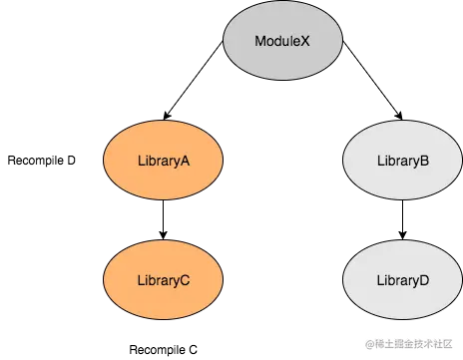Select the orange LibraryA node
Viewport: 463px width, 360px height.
pos(163,160)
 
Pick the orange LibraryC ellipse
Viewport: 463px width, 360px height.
pos(163,280)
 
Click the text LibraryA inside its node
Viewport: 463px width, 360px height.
pos(163,161)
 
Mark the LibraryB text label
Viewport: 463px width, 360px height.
pos(402,161)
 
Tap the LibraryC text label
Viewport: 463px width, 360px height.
pos(163,281)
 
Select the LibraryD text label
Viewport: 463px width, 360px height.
pos(402,281)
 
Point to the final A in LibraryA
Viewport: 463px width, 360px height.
pos(186,161)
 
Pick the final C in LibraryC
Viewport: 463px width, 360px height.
pos(186,281)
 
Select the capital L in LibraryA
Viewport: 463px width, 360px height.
pos(140,161)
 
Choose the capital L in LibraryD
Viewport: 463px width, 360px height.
pos(379,281)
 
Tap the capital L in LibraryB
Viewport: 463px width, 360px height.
pos(379,161)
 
